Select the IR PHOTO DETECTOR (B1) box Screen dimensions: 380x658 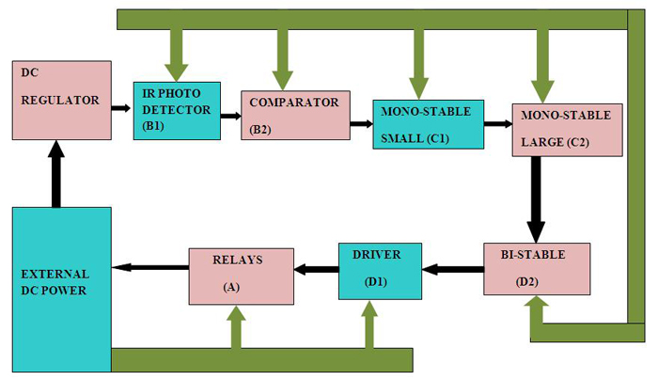coord(177,111)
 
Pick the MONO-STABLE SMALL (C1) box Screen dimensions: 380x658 coord(428,124)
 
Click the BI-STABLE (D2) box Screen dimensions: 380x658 coord(537,269)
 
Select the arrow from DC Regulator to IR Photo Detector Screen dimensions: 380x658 coord(122,109)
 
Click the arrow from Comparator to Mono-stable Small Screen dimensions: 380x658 coord(361,123)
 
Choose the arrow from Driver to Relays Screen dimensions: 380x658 coord(316,270)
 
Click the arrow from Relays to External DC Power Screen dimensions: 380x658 coord(150,268)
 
